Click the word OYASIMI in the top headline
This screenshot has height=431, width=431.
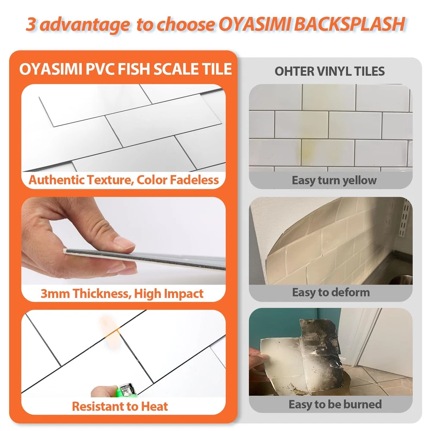click(x=254, y=24)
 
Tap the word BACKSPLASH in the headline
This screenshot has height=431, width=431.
click(x=350, y=24)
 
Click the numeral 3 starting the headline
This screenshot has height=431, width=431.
click(x=31, y=24)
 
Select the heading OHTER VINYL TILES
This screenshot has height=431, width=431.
click(x=330, y=72)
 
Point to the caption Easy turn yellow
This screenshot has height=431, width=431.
click(x=334, y=180)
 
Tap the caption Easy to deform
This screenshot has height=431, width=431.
click(x=331, y=293)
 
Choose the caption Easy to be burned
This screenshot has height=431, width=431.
click(x=335, y=404)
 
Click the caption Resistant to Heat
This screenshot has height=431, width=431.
click(x=120, y=406)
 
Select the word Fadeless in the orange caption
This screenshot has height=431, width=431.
click(x=194, y=180)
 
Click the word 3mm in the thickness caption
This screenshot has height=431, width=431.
click(x=55, y=294)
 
